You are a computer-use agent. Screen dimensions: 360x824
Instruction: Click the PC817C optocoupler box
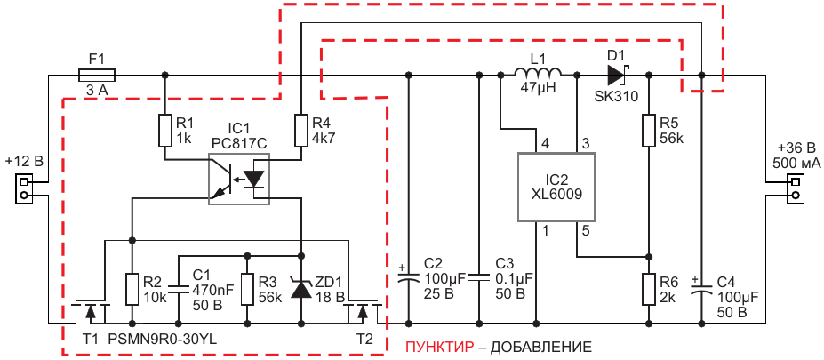pos(238,180)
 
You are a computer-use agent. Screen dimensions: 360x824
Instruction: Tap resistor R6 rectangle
pos(649,289)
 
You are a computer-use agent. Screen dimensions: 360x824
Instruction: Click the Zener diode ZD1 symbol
pos(302,288)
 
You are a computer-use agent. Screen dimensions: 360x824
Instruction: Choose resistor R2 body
pos(132,289)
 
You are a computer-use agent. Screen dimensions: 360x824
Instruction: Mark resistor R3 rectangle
pos(244,289)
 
